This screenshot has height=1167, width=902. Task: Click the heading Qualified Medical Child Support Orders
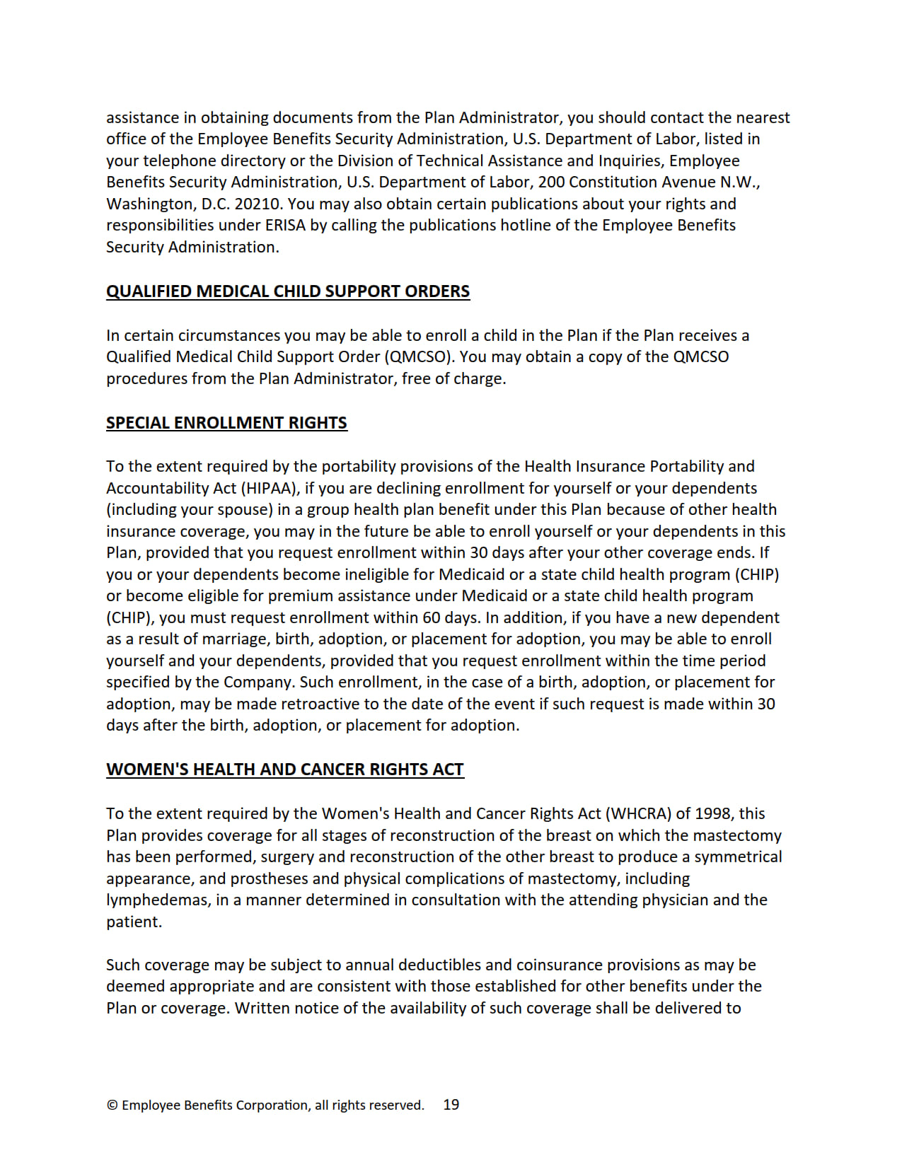point(288,291)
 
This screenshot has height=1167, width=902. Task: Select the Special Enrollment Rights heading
point(226,423)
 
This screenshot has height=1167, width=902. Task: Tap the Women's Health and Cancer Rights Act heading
point(285,770)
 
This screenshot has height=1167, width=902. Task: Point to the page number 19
point(451,1105)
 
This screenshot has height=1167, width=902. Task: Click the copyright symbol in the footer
point(112,1105)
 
